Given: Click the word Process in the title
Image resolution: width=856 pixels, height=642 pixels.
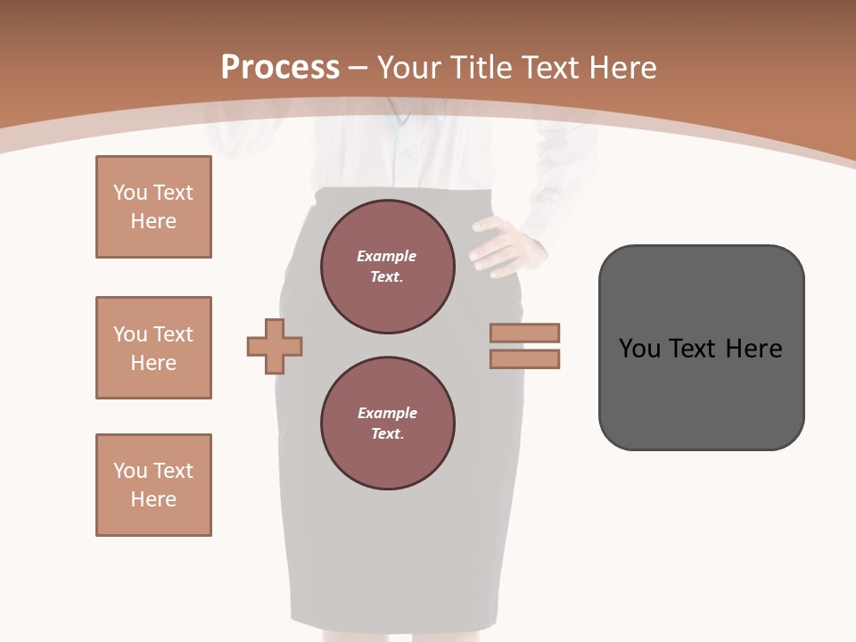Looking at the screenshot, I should pos(280,68).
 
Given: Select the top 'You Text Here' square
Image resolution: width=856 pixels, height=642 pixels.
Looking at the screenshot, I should pos(153,207).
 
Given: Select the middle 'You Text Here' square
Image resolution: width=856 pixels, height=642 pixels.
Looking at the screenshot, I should pos(153,348).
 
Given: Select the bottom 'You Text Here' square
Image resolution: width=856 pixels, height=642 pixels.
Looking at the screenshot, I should pos(153,485).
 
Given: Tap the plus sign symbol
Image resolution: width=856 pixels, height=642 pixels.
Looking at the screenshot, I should pos(275,346).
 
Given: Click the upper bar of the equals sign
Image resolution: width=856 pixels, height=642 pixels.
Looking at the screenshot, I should pos(524,333).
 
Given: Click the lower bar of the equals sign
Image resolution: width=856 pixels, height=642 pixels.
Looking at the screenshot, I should pos(524,359).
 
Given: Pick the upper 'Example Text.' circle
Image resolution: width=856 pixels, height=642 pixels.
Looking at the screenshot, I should pos(387,267).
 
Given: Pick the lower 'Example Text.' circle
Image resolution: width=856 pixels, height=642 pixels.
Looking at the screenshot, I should pos(387,424).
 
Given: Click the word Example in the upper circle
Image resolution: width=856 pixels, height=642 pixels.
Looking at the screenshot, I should pos(387,256).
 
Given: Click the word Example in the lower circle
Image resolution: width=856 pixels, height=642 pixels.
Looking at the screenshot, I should pos(387,413).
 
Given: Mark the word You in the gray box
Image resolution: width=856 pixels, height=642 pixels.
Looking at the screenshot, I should pos(638,349).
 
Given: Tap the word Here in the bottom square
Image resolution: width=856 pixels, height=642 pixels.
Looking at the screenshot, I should pos(153,499).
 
